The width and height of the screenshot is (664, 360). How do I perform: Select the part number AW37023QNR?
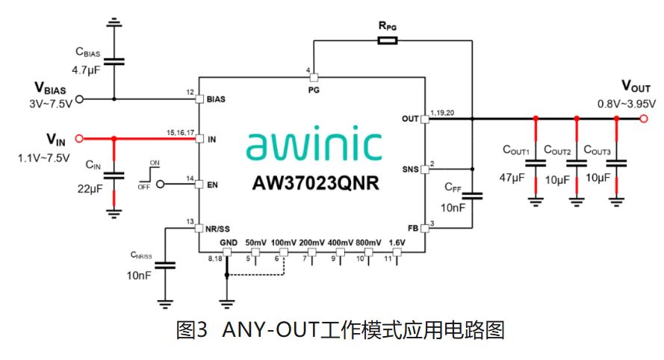click(313, 182)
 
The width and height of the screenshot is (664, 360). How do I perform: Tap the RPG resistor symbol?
click(388, 42)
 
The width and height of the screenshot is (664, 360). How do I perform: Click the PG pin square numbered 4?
click(314, 78)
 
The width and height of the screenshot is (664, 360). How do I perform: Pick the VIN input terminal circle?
click(80, 138)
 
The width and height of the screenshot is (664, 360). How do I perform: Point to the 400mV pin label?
click(341, 243)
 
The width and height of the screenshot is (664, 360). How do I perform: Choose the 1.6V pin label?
click(397, 243)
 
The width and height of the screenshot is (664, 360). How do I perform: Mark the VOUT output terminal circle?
click(642, 118)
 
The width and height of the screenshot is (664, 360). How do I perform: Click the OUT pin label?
click(410, 118)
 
